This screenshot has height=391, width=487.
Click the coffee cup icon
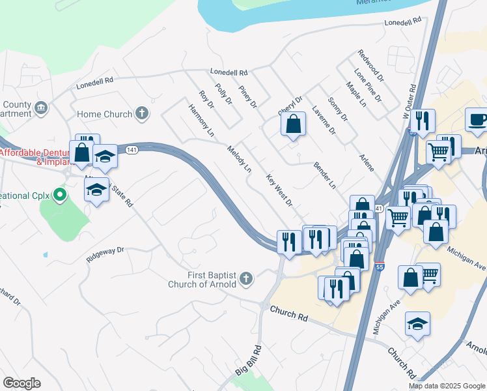pyautogui.click(x=478, y=120)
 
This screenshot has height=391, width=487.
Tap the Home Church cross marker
pyautogui.click(x=142, y=114)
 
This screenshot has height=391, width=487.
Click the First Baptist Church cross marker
pyautogui.click(x=245, y=279)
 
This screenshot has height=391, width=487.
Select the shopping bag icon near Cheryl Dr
pyautogui.click(x=294, y=123)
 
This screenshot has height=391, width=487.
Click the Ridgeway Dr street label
pyautogui.click(x=106, y=254)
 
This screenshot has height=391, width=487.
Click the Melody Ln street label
pyautogui.click(x=239, y=158)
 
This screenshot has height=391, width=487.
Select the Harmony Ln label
pyautogui.click(x=202, y=119)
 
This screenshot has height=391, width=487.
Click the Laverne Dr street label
pyautogui.click(x=324, y=120)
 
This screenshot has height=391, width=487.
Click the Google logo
pyautogui.click(x=21, y=383)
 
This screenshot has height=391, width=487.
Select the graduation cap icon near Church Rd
pyautogui.click(x=417, y=324)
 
